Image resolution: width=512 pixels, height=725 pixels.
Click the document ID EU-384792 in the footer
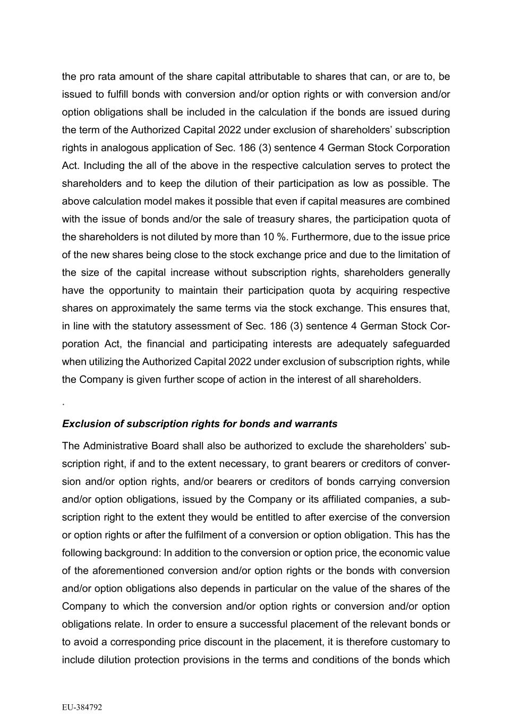tap(82, 707)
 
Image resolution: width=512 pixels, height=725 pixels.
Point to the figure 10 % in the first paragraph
tap(275, 237)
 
